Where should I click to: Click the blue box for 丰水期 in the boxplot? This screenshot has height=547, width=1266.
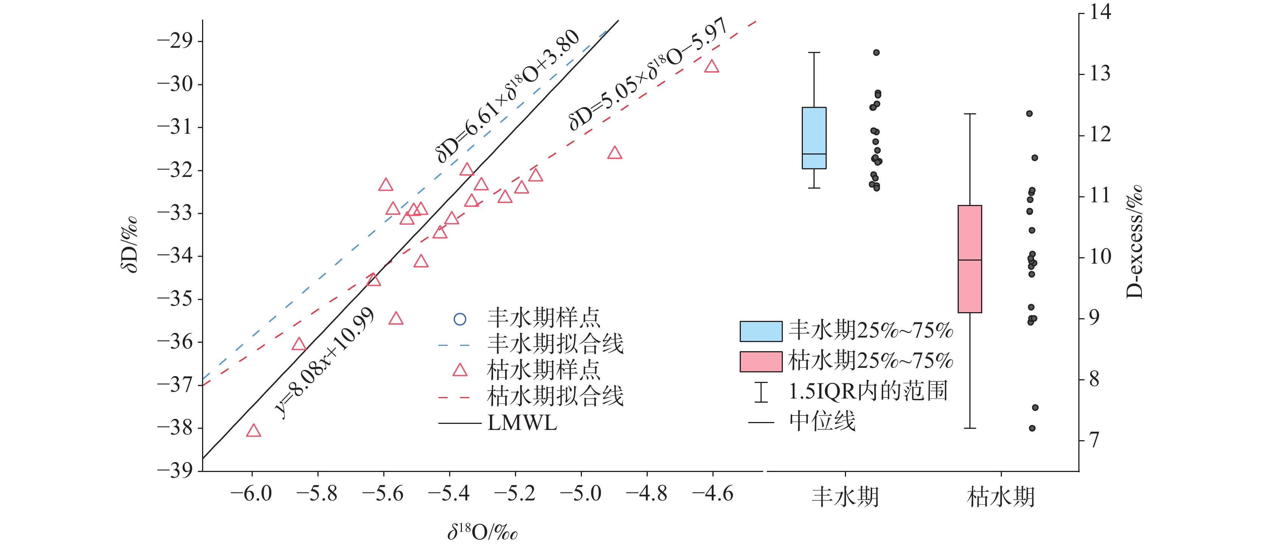[x=814, y=138]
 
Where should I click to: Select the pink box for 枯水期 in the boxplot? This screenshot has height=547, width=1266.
[x=970, y=259]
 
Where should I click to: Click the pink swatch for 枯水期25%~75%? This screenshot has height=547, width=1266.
[x=761, y=361]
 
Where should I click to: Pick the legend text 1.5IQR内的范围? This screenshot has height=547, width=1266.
[x=868, y=392]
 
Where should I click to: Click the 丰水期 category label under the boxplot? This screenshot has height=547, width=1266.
[x=845, y=497]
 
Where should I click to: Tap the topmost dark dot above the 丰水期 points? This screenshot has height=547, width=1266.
[x=876, y=53]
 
